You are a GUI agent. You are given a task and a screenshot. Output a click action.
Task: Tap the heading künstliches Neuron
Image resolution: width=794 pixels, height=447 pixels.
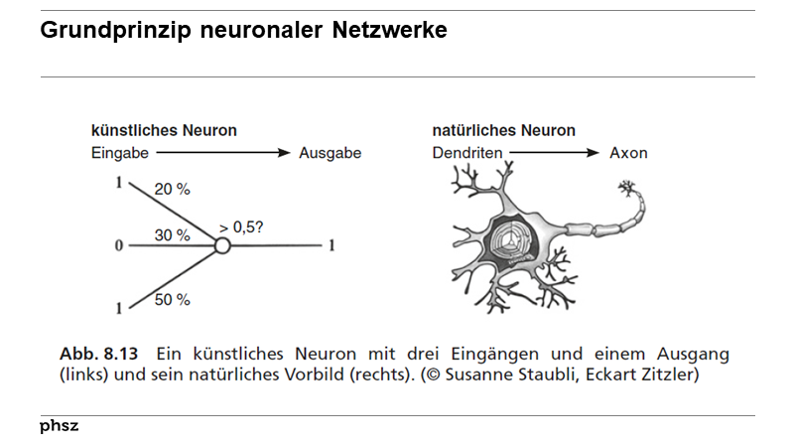tap(164, 130)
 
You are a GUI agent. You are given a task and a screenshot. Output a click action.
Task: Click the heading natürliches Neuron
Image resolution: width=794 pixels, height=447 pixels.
tap(503, 130)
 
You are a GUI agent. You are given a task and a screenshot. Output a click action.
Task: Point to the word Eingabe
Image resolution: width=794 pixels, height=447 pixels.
tap(119, 153)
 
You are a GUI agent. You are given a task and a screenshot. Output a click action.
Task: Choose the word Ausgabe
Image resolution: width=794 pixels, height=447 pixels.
tap(330, 153)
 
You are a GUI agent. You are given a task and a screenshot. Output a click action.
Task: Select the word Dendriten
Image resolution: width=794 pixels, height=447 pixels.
tap(466, 153)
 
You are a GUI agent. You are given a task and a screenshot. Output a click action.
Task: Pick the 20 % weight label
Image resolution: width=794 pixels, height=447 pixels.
tap(173, 189)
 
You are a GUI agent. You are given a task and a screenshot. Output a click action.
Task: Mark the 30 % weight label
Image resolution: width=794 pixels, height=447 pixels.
tap(172, 235)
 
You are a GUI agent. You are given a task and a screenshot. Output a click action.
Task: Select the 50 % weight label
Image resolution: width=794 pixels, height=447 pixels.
tap(172, 299)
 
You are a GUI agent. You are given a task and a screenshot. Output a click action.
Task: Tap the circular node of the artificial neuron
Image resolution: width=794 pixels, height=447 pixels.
tap(222, 245)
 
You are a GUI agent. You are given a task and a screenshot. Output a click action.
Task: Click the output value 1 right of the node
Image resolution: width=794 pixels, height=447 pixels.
tap(331, 245)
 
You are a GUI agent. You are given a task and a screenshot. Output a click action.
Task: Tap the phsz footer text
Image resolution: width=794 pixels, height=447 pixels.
tap(59, 426)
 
